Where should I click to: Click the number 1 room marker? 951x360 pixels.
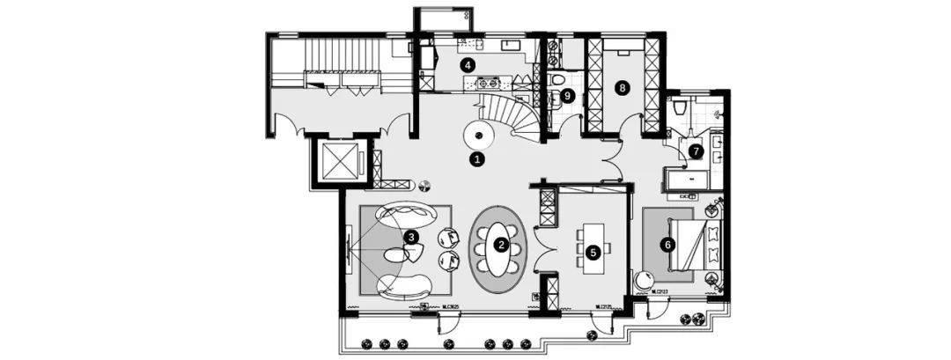[477, 159]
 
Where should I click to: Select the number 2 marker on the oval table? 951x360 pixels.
[500, 245]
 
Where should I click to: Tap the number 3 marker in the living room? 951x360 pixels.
[410, 236]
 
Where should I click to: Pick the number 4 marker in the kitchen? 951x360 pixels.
[468, 64]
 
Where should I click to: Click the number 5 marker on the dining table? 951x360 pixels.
[593, 251]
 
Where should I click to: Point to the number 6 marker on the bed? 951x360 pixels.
[668, 245]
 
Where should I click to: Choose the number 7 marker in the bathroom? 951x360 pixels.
[696, 151]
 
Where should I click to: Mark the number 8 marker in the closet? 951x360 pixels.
[623, 87]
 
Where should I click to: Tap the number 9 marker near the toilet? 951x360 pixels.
[567, 95]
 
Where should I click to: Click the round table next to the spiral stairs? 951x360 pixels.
[478, 136]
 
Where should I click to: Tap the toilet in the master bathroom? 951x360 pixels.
[677, 110]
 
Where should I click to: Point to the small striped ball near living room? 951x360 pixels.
[424, 186]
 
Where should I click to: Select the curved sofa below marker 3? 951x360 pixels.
[404, 284]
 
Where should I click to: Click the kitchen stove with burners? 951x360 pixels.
[487, 84]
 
